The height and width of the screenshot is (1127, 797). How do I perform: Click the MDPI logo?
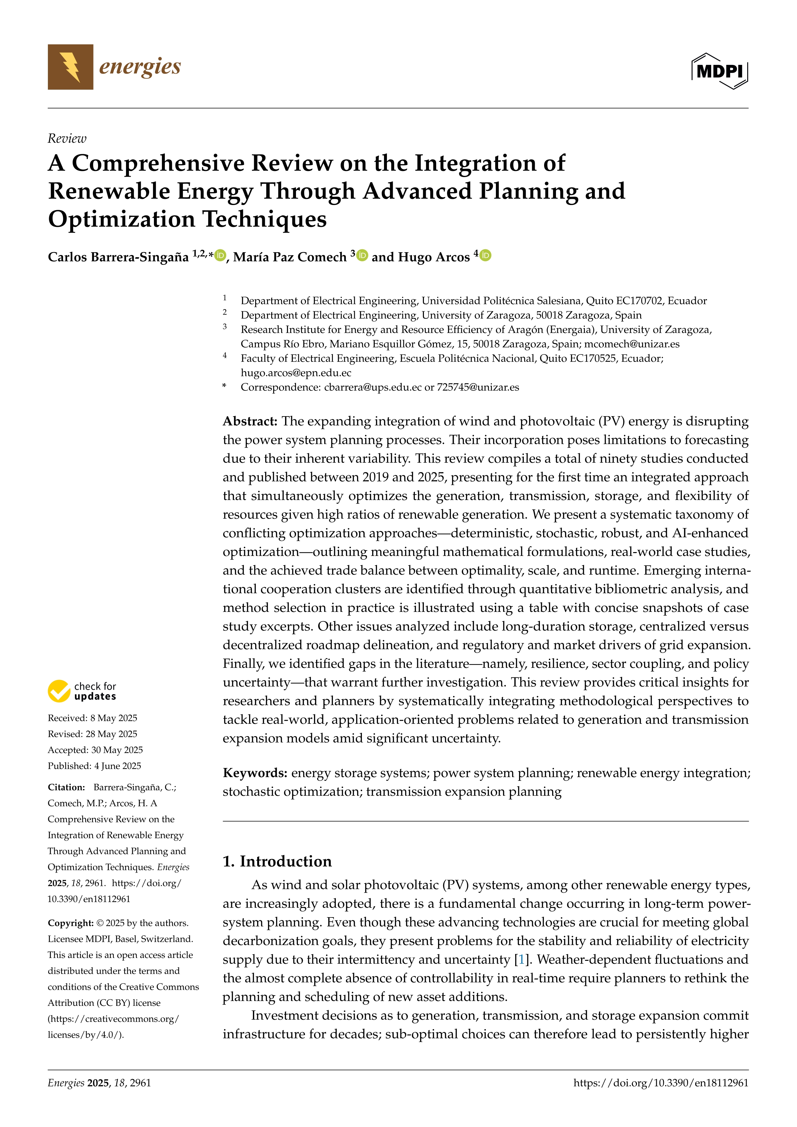tap(720, 71)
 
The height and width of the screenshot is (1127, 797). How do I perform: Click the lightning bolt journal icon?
tap(70, 67)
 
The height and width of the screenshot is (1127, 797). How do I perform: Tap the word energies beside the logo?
tap(140, 66)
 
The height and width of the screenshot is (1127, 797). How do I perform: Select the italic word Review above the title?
tap(67, 139)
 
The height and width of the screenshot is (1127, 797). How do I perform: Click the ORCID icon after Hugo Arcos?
tap(485, 255)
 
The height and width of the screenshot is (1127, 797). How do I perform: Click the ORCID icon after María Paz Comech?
tap(362, 255)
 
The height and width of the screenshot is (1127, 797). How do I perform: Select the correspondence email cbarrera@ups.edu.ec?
tap(372, 387)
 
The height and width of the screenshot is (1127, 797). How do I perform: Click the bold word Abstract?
tap(250, 421)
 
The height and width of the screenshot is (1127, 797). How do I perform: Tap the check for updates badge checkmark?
tap(59, 691)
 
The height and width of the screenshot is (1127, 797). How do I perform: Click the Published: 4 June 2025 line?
tap(94, 766)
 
